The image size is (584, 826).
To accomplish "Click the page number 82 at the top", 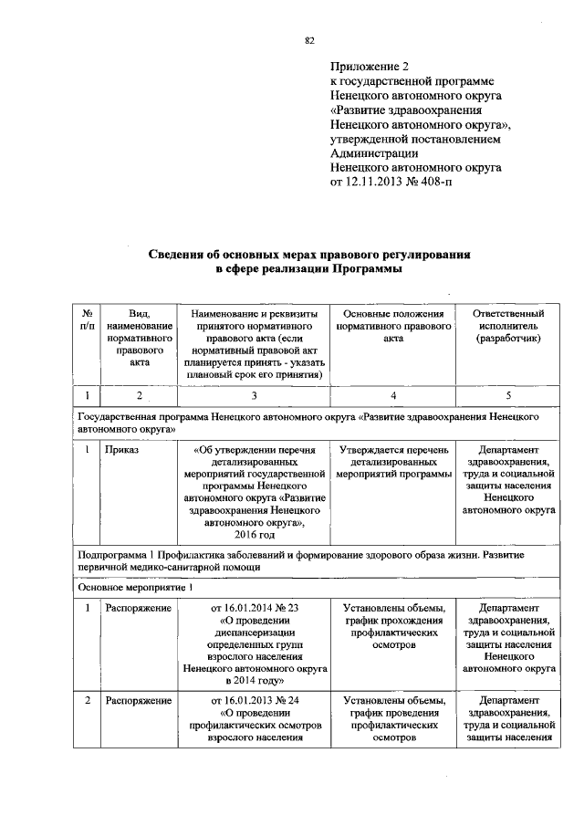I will tap(309, 40).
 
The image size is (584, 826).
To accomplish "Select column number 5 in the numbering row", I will tap(508, 395).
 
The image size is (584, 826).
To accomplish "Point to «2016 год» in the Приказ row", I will tap(255, 534).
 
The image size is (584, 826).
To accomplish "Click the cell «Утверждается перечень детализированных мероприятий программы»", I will tap(392, 462).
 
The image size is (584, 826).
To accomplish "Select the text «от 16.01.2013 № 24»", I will tap(255, 701).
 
